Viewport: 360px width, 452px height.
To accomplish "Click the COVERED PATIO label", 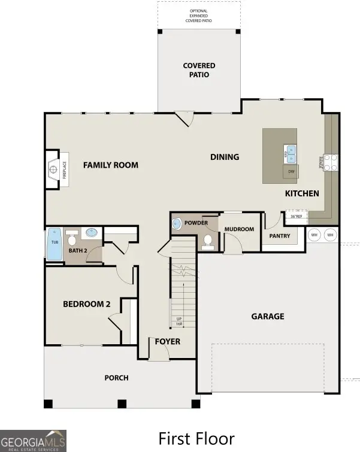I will [199, 70].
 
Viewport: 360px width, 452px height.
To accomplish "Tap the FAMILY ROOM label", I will [110, 165].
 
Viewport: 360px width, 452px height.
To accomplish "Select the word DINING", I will [225, 157].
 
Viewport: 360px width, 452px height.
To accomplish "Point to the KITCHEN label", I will [302, 193].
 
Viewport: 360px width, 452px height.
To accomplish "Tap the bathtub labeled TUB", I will [55, 244].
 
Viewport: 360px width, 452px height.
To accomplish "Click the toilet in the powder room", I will [208, 241].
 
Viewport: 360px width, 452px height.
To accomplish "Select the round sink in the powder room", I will [177, 224].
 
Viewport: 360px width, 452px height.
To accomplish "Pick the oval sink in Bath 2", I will [92, 233].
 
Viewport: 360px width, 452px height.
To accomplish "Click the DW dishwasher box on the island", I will [291, 172].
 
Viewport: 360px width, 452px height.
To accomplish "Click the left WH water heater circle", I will [314, 235].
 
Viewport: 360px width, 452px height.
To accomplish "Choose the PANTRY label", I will [279, 236].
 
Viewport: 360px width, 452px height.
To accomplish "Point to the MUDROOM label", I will [239, 229].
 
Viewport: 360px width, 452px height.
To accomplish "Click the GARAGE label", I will [268, 316].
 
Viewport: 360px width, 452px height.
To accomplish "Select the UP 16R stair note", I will [179, 321].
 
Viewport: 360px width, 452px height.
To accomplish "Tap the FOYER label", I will [167, 342].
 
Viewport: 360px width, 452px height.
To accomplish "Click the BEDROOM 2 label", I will [87, 304].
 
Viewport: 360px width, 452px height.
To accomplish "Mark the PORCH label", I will [116, 378].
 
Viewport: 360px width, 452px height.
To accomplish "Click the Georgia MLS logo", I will [33, 441].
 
